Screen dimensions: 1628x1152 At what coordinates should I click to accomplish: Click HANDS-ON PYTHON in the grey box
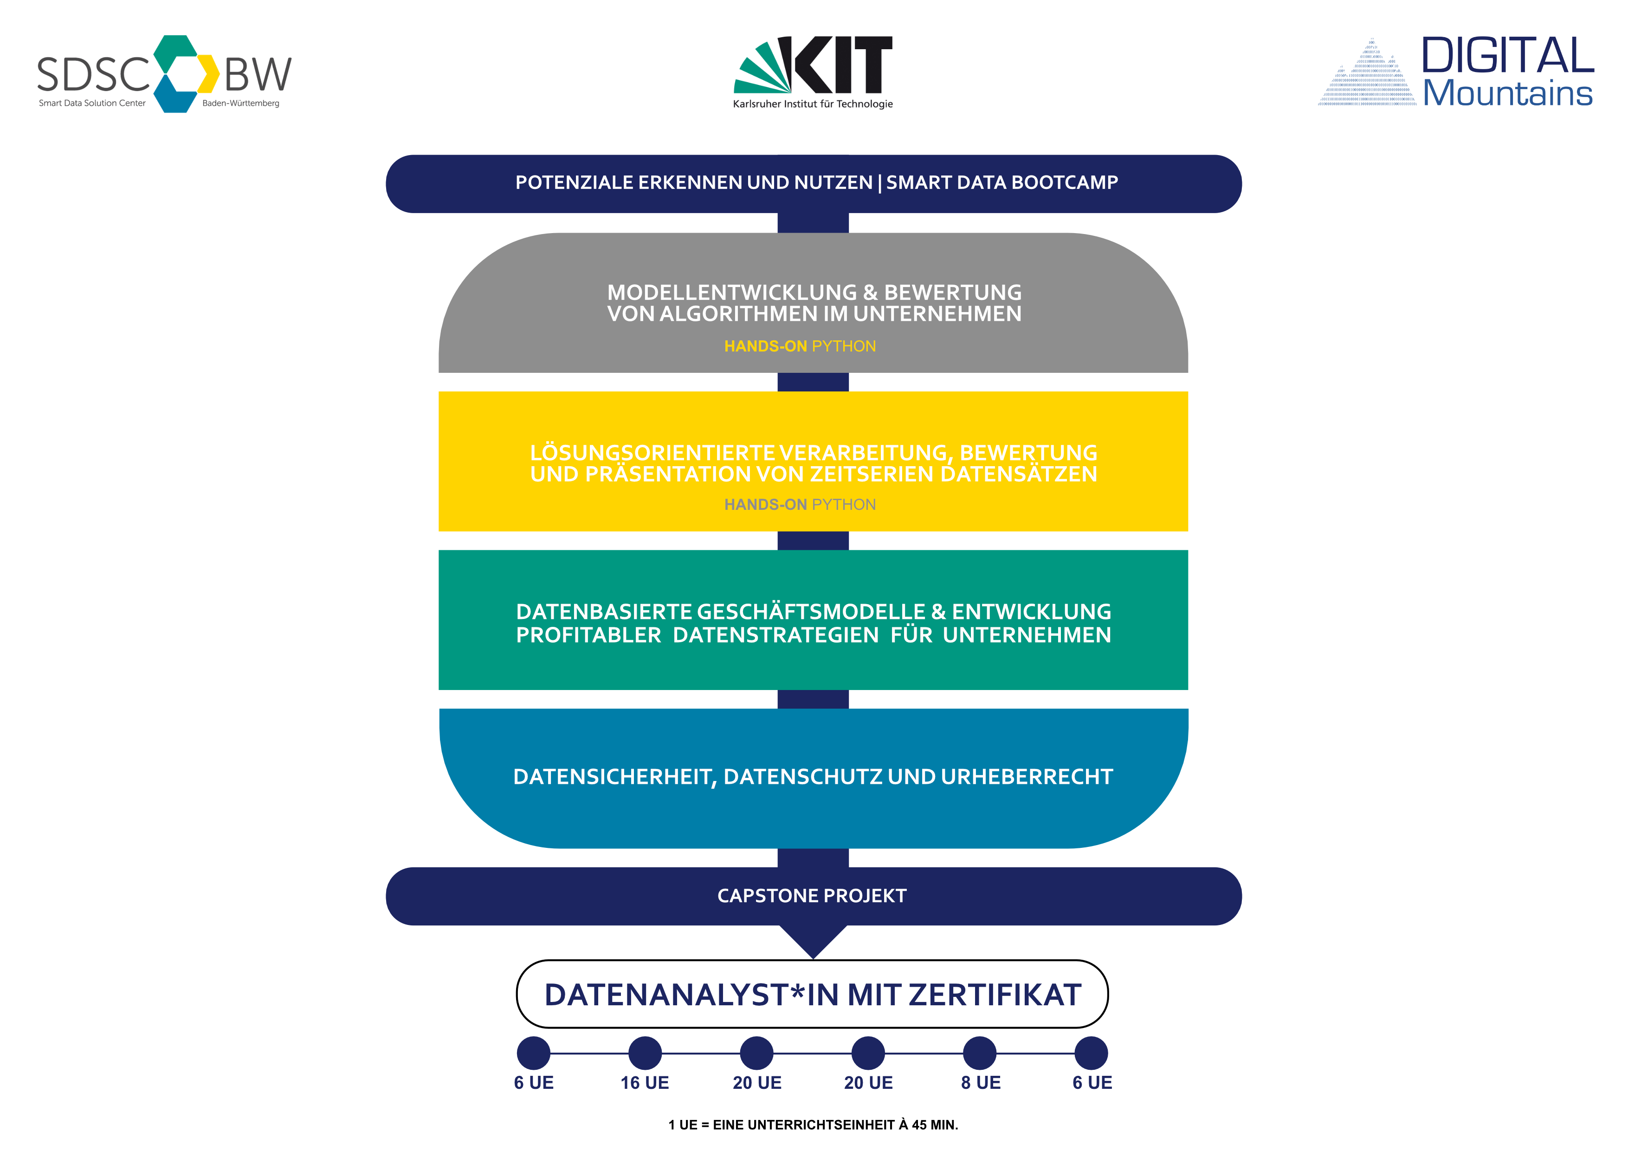coord(800,346)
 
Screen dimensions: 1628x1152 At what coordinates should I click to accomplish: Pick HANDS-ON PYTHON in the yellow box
coord(800,504)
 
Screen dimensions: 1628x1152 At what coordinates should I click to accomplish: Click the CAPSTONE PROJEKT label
coord(812,896)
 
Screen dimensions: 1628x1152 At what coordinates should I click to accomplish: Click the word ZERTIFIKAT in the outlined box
coord(995,995)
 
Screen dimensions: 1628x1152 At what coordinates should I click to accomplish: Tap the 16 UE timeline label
coord(645,1082)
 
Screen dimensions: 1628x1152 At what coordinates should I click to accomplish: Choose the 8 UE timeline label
coord(981,1082)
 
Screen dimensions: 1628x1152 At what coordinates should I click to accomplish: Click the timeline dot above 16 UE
coord(645,1053)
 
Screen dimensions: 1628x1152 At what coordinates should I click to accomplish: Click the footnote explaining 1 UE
coord(813,1124)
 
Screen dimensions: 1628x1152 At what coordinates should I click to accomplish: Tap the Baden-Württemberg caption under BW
coord(241,103)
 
